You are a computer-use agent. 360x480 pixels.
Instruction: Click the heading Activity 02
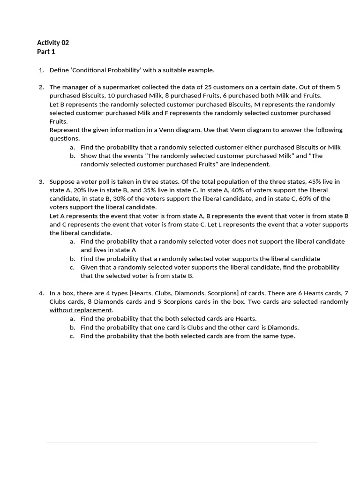[53, 43]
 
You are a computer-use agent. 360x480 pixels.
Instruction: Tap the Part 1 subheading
[46, 52]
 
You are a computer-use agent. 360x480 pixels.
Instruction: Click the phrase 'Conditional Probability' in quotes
[106, 70]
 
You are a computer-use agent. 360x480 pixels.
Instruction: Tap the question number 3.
[41, 181]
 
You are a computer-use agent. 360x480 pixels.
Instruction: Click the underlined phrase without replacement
[81, 310]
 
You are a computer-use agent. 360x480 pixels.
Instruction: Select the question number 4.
[41, 293]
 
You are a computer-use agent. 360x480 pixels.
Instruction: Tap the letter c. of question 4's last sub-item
[72, 336]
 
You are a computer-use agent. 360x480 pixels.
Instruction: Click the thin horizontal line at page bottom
[182, 442]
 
